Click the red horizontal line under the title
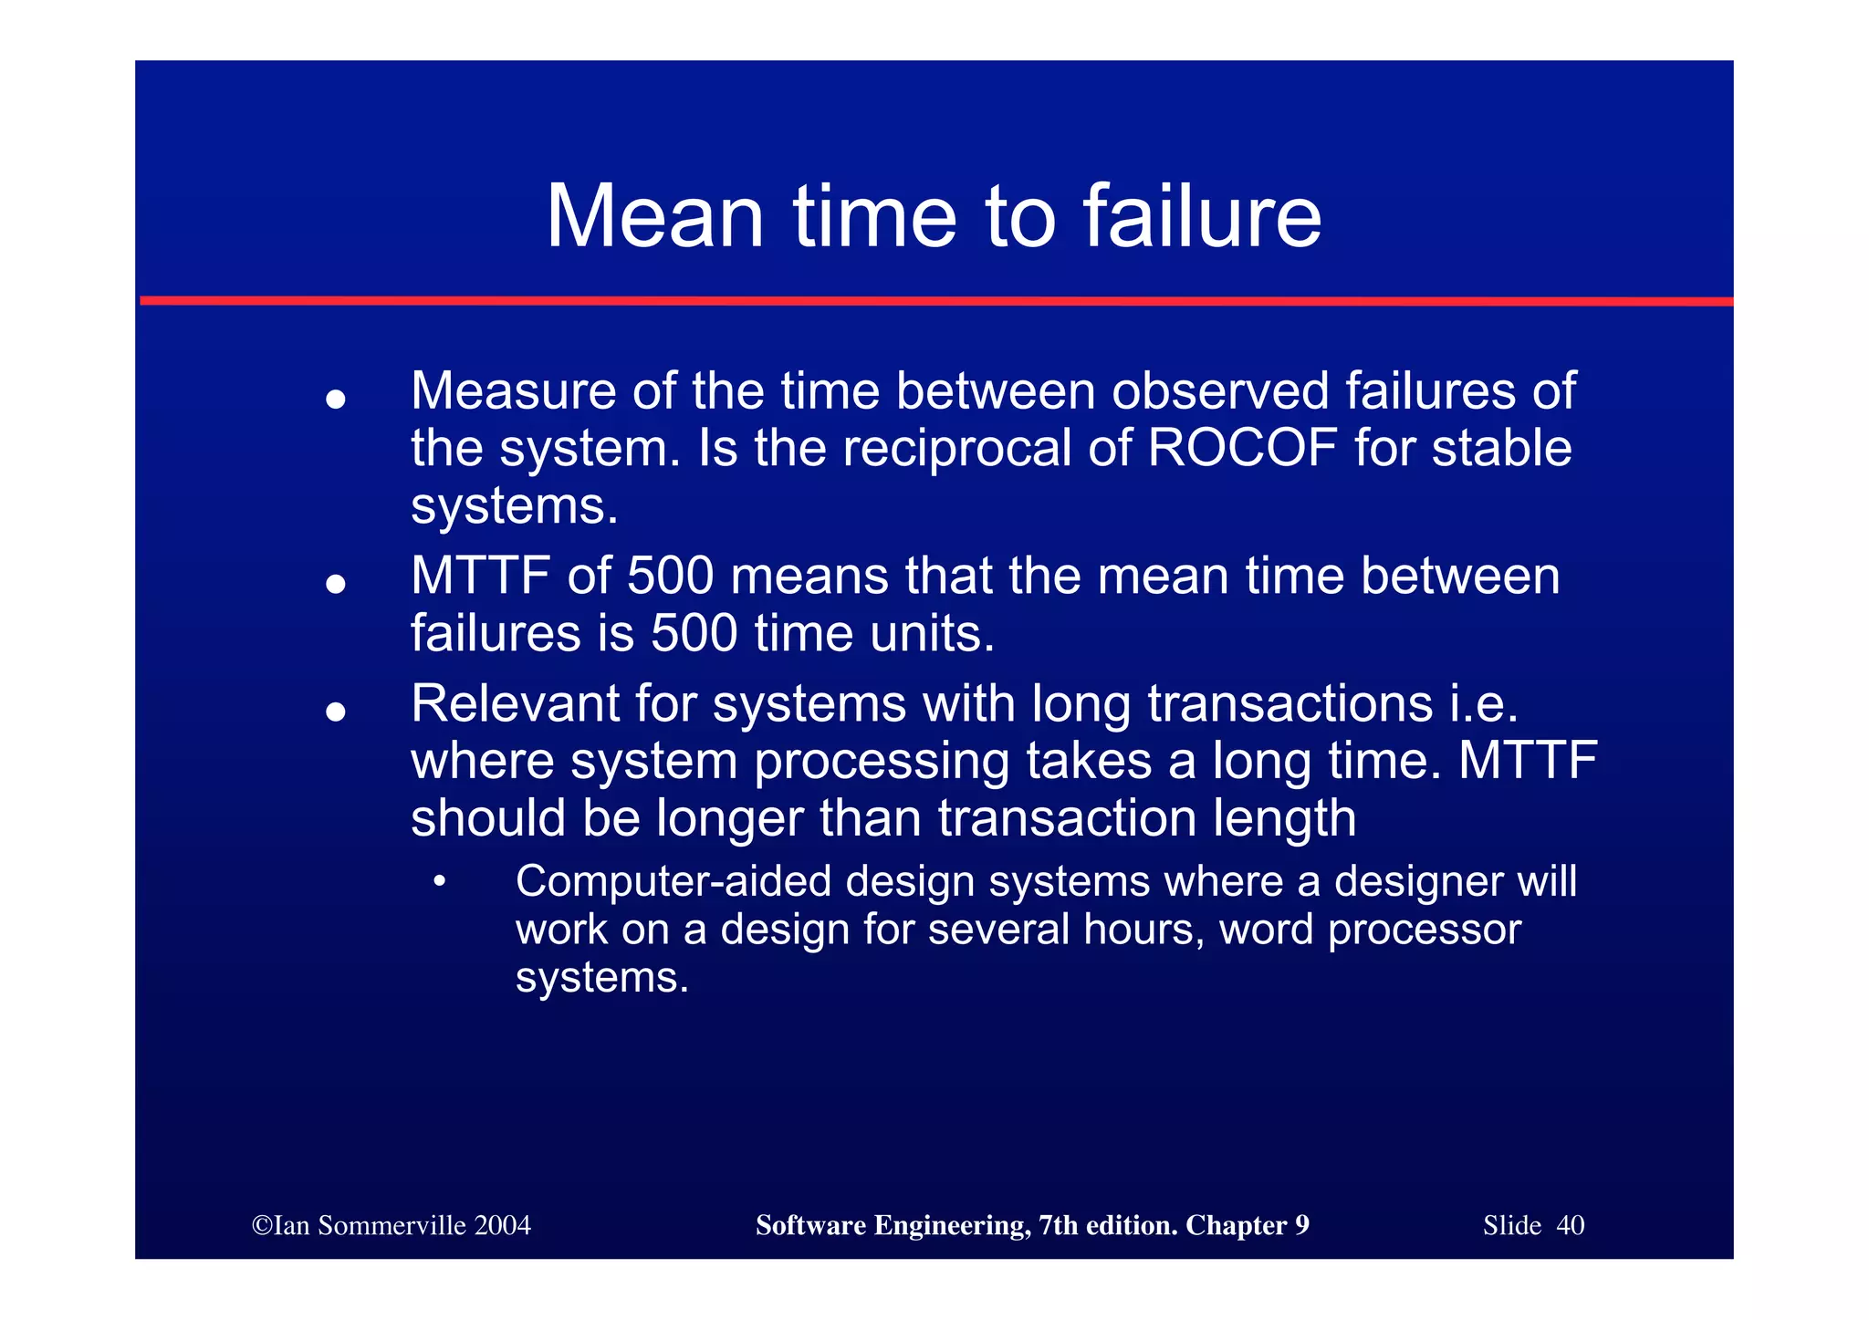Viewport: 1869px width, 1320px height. point(934,300)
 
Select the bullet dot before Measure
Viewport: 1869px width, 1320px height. point(336,400)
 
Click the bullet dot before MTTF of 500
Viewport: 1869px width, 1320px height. point(336,584)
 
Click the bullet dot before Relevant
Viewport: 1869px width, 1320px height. point(336,712)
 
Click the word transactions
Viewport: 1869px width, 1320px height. point(1290,703)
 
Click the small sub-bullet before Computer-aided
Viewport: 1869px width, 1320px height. point(440,882)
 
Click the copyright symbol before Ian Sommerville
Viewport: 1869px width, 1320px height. point(262,1225)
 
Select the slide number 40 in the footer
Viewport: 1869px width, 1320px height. point(1570,1225)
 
